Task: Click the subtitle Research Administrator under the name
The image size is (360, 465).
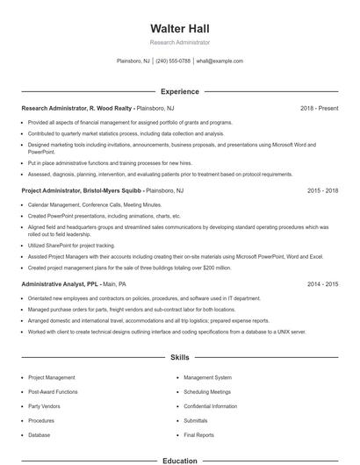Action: click(x=179, y=42)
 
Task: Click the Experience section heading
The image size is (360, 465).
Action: click(x=179, y=91)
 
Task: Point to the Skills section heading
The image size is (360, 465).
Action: click(x=179, y=358)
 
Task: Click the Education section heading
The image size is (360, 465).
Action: click(x=179, y=460)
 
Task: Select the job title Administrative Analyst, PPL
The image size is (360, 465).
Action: click(x=61, y=284)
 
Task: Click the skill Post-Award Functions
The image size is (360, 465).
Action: click(x=53, y=391)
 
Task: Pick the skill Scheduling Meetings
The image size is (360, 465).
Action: click(x=207, y=391)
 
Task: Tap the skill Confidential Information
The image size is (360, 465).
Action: click(x=211, y=406)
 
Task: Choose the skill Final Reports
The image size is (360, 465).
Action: click(x=198, y=434)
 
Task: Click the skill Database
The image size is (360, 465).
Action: click(x=40, y=434)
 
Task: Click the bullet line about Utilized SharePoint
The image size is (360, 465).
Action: click(x=71, y=246)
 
